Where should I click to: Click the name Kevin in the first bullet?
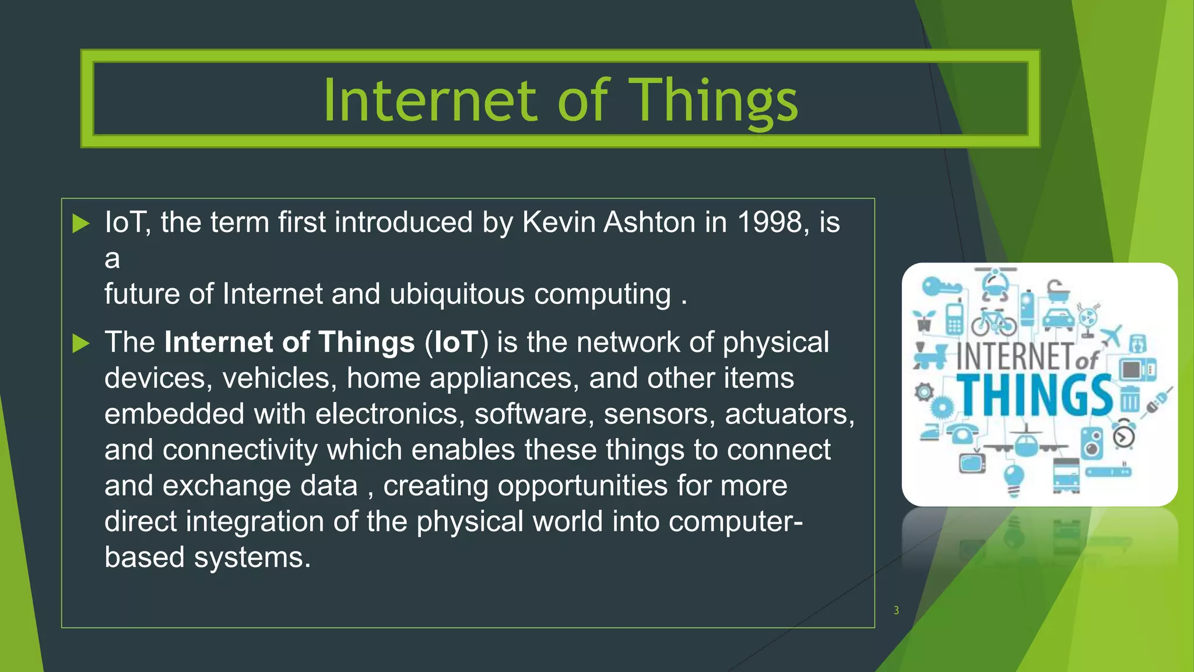559,222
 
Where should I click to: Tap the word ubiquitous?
456,294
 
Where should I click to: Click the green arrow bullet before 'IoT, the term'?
80,223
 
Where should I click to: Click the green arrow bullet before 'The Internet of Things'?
80,343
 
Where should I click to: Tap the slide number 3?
896,610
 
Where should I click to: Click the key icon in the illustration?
940,286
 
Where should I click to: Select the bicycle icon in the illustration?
993,321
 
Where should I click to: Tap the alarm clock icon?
1123,435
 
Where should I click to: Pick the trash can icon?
1129,399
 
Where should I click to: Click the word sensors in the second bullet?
659,414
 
